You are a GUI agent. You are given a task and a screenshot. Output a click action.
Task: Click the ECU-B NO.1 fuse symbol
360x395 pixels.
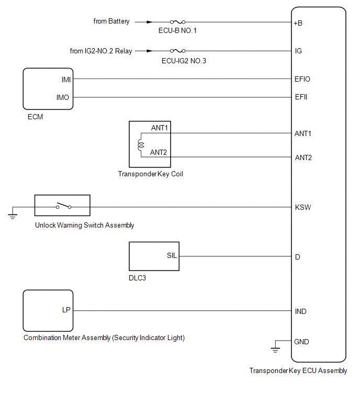(x=177, y=22)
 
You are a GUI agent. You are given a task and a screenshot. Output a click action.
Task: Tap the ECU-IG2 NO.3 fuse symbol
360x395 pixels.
(x=177, y=51)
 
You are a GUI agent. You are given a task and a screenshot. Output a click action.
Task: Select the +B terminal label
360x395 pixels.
(x=298, y=23)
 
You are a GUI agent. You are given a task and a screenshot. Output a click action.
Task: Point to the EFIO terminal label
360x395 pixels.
(x=302, y=79)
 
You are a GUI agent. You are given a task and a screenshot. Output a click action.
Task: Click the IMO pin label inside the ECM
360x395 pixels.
(x=63, y=97)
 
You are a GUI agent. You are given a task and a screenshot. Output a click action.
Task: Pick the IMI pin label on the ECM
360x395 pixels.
(x=66, y=80)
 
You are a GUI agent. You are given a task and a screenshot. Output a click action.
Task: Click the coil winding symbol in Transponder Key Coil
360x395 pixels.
(x=141, y=145)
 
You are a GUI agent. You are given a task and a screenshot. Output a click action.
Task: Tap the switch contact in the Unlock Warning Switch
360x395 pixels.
(x=63, y=206)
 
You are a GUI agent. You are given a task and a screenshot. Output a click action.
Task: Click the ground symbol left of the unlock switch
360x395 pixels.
(x=13, y=216)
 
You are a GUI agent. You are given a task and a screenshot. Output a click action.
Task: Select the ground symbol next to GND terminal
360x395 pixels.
(x=275, y=349)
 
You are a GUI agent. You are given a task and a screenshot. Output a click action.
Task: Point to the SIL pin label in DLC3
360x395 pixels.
(x=172, y=255)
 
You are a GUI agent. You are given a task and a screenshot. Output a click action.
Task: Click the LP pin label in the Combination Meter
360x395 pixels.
(x=66, y=310)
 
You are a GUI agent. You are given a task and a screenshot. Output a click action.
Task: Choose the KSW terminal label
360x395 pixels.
(x=303, y=207)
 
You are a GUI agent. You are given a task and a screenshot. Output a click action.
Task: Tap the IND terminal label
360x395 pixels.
(x=300, y=311)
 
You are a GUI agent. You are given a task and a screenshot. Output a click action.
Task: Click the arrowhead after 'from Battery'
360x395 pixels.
(x=150, y=22)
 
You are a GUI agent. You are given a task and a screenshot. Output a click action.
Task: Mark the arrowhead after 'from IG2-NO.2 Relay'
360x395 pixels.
(x=150, y=51)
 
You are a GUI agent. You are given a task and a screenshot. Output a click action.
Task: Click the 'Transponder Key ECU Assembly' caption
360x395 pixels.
(x=298, y=371)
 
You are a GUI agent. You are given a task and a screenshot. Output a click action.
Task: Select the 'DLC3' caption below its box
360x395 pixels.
(x=137, y=278)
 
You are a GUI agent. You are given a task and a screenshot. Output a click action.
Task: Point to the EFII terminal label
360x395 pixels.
(x=301, y=97)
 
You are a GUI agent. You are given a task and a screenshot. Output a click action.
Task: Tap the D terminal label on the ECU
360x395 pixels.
(x=298, y=257)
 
